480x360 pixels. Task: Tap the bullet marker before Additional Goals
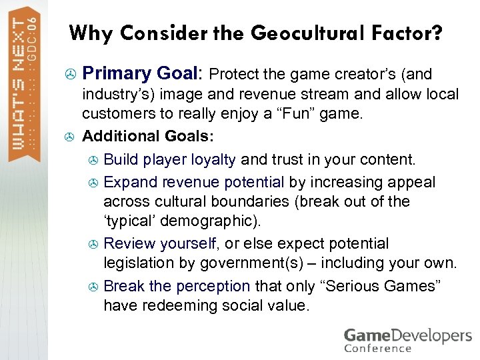pyautogui.click(x=67, y=137)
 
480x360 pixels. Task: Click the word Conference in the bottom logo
pyautogui.click(x=377, y=347)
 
